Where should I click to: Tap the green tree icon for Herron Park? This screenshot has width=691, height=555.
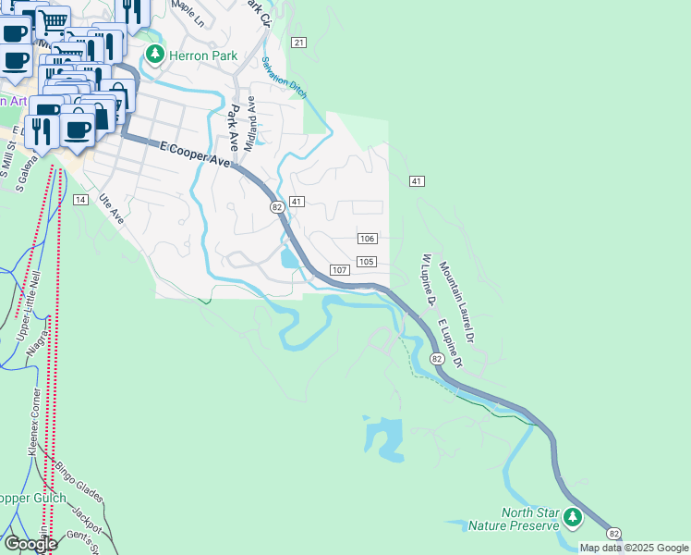(154, 55)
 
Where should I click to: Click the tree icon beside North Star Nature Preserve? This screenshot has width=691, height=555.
(574, 517)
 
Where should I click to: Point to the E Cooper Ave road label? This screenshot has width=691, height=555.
(194, 154)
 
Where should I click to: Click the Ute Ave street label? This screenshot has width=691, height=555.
(111, 208)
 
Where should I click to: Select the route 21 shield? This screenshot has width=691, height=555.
(297, 43)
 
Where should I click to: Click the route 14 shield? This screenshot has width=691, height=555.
(80, 200)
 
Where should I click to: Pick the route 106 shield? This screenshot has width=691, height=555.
(367, 239)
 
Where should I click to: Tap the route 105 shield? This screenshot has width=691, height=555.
(366, 262)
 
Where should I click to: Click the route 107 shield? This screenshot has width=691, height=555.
(339, 270)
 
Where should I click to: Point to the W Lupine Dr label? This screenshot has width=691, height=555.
(426, 279)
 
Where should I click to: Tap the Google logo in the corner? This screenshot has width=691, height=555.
(30, 544)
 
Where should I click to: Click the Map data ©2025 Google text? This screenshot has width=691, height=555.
(634, 548)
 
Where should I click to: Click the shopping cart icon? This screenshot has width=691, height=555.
(55, 19)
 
